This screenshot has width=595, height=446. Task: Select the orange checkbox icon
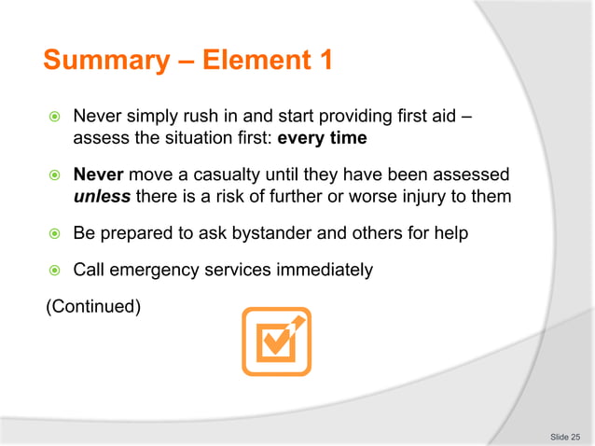click(275, 341)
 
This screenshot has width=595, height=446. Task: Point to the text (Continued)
click(93, 305)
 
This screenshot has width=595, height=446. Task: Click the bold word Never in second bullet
click(98, 175)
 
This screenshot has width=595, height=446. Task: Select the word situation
click(203, 139)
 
